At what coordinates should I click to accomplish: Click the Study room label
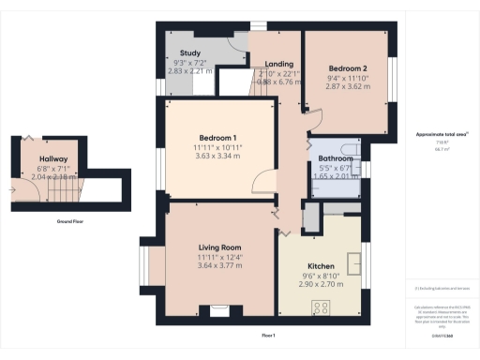click(x=191, y=53)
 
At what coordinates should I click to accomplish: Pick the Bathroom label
click(x=336, y=158)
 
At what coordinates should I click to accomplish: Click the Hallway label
click(x=53, y=159)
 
